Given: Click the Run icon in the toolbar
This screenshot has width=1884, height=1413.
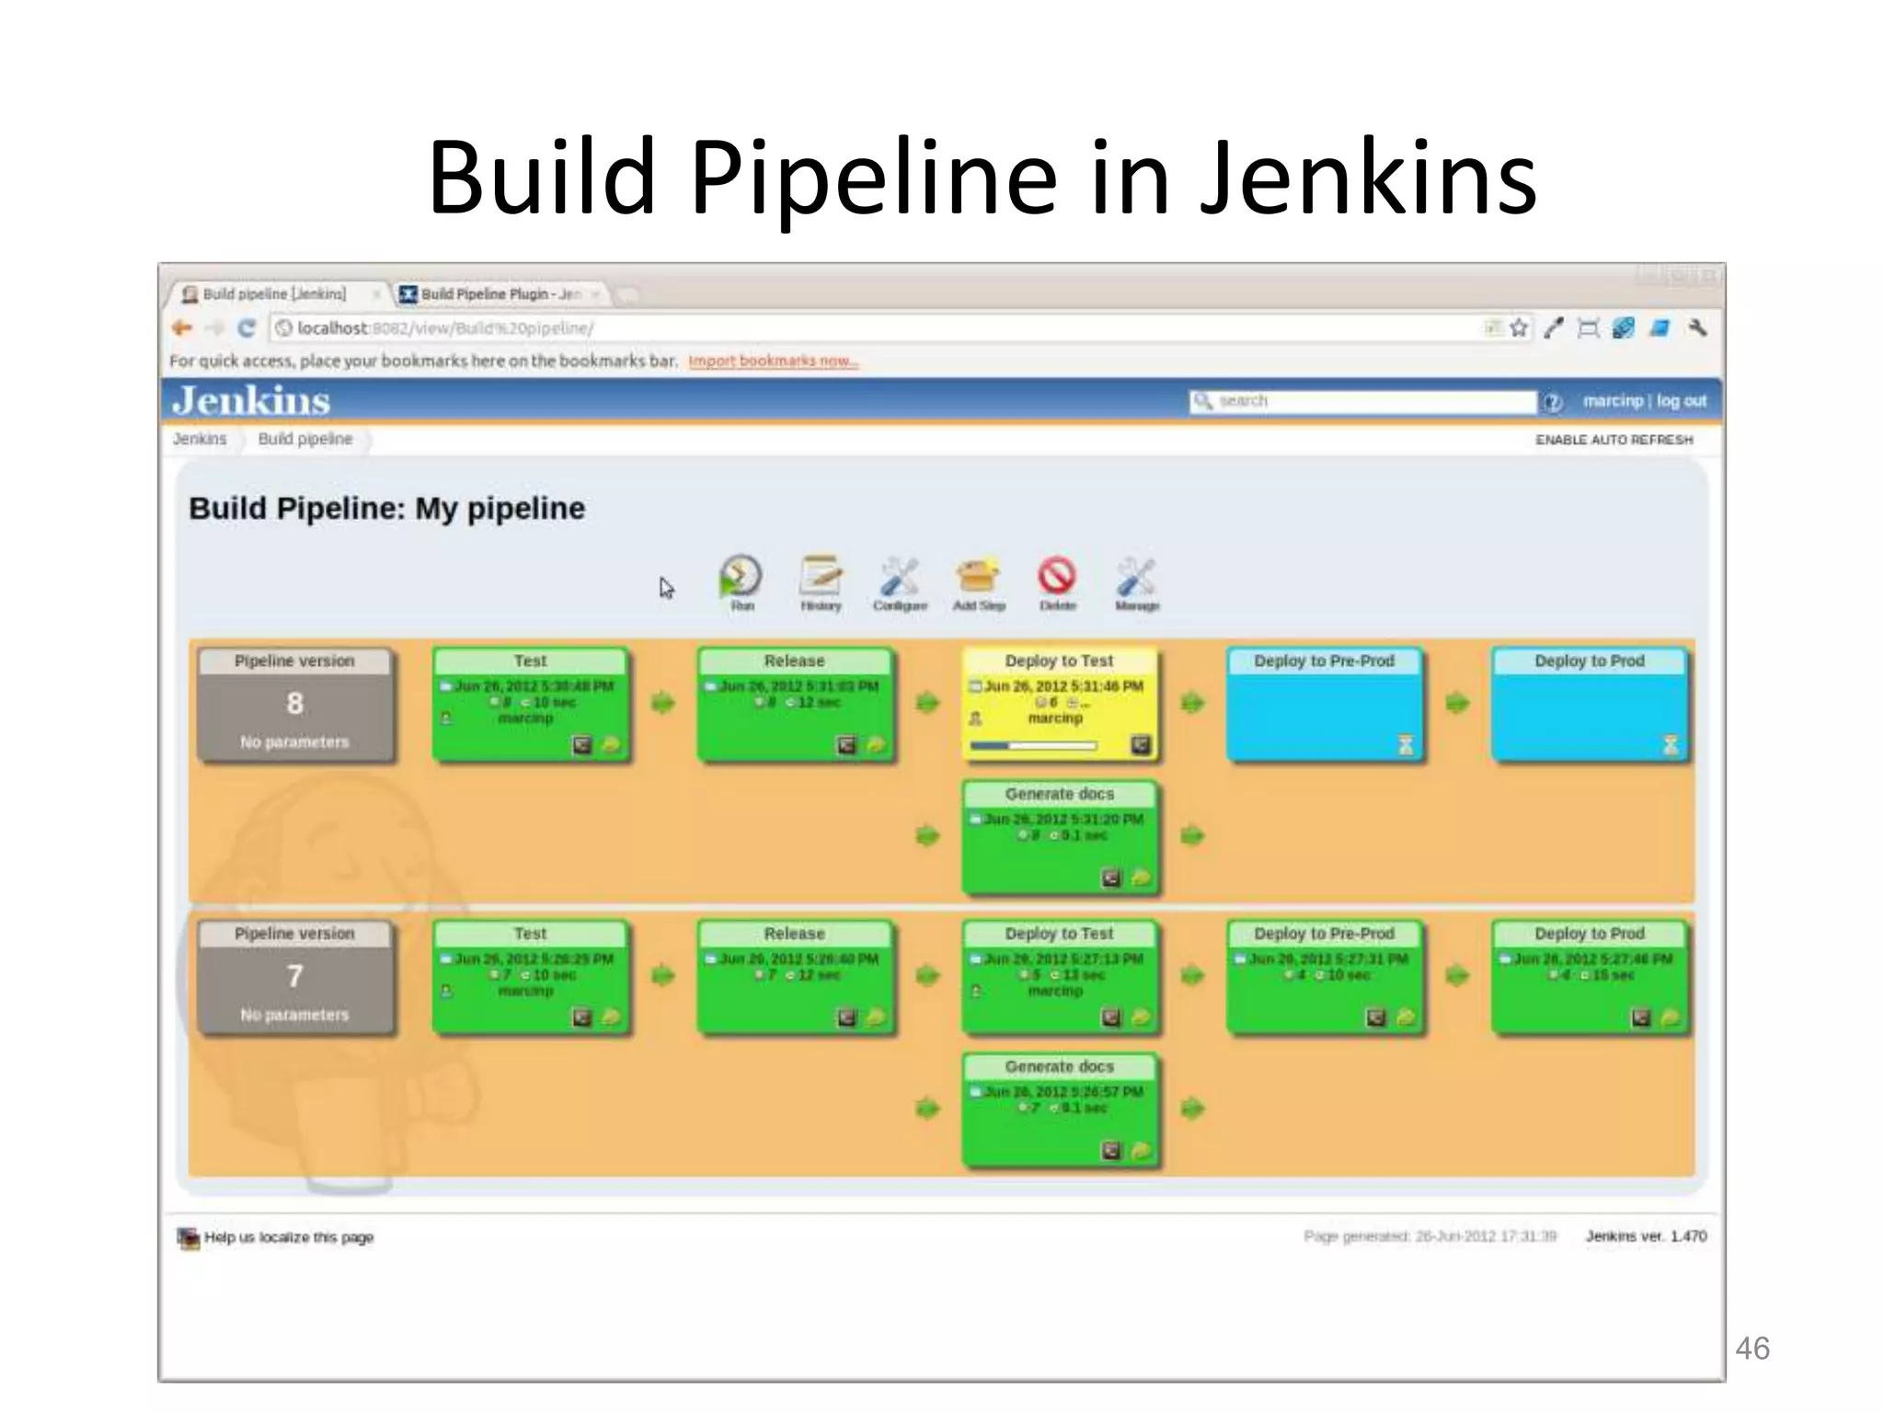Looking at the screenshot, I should click(x=741, y=578).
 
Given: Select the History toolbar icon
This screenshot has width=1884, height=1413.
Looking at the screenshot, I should click(x=821, y=578).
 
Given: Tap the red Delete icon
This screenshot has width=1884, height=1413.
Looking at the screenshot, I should click(x=1057, y=577).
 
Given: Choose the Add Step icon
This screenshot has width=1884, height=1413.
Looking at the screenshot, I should click(x=978, y=577).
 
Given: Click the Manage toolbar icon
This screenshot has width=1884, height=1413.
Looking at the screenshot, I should click(x=1136, y=578).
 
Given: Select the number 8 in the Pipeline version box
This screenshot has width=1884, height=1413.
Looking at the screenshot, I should click(x=294, y=704).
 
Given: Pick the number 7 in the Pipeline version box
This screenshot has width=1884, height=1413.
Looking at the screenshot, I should click(x=294, y=976).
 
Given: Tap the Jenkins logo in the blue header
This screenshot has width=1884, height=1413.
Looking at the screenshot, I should click(x=251, y=401).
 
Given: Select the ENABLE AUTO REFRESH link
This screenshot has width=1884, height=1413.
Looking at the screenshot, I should click(x=1614, y=440).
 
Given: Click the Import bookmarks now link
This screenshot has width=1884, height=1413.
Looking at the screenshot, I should click(x=773, y=361).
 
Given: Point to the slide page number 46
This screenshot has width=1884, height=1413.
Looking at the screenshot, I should click(x=1752, y=1349).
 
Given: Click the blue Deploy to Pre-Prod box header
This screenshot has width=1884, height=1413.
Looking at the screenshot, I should click(x=1324, y=661).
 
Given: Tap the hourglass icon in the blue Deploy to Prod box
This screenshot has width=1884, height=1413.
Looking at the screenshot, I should click(x=1671, y=744).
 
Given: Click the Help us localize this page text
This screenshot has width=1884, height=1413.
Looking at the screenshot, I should click(x=288, y=1237).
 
